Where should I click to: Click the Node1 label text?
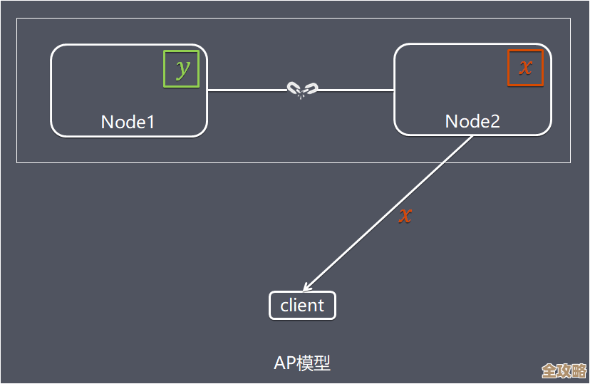[x=128, y=122]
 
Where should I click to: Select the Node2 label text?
[x=472, y=121]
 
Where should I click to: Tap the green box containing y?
[x=182, y=68]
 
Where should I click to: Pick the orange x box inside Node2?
[x=525, y=68]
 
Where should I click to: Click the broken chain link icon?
[x=302, y=90]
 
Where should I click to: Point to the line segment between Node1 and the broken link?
[x=247, y=90]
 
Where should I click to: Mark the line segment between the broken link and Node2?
[x=356, y=90]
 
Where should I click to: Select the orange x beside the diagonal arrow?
[x=405, y=214]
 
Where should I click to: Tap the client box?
[x=302, y=306]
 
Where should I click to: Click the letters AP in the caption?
[x=284, y=363]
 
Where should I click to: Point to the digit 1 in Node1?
[x=150, y=122]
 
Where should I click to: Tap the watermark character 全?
[x=549, y=371]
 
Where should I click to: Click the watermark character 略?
[x=579, y=371]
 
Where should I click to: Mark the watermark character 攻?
[x=564, y=371]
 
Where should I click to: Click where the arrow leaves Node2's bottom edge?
[x=472, y=135]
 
